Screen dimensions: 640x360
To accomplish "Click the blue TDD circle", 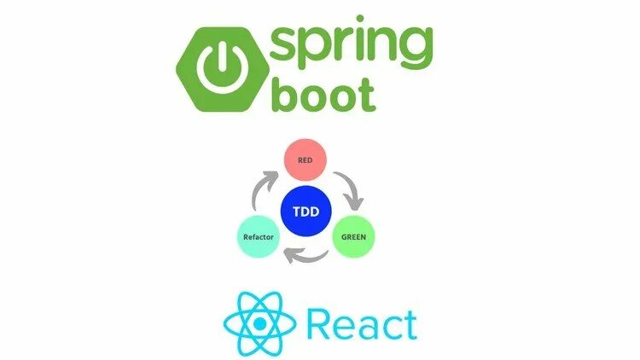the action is [305, 208].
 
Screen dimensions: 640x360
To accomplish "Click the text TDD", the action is [305, 208].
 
